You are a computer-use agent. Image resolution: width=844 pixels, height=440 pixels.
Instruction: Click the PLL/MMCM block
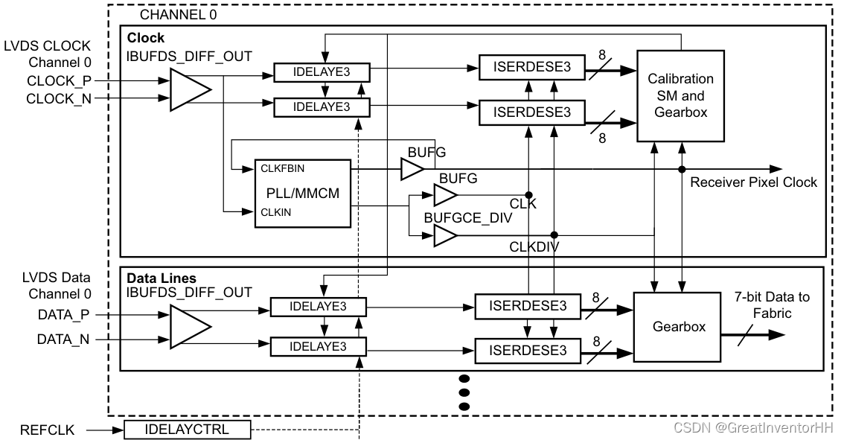click(x=302, y=194)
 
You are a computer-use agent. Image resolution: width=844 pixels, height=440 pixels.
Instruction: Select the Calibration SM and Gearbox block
click(x=680, y=95)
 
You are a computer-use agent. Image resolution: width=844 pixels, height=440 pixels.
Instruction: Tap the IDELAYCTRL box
click(x=186, y=430)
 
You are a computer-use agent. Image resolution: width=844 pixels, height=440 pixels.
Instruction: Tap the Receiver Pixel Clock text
click(x=753, y=182)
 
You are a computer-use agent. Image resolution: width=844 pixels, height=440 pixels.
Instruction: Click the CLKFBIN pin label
click(x=281, y=169)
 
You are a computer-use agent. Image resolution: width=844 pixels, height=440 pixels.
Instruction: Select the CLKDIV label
click(x=534, y=247)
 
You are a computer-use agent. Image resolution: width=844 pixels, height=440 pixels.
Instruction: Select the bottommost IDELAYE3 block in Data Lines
click(x=319, y=346)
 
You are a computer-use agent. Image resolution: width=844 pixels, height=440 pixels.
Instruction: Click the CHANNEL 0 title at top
click(x=179, y=15)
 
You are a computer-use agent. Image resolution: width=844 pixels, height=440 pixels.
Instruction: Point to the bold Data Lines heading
click(x=162, y=278)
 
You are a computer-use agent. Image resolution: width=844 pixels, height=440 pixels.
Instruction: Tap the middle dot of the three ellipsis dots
click(x=465, y=392)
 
